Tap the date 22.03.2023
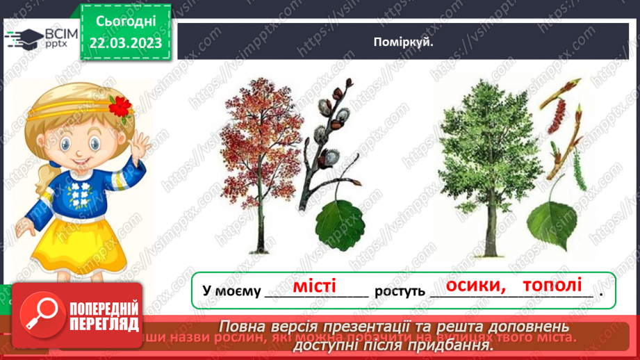126,43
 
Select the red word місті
314,286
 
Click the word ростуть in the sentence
400,291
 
